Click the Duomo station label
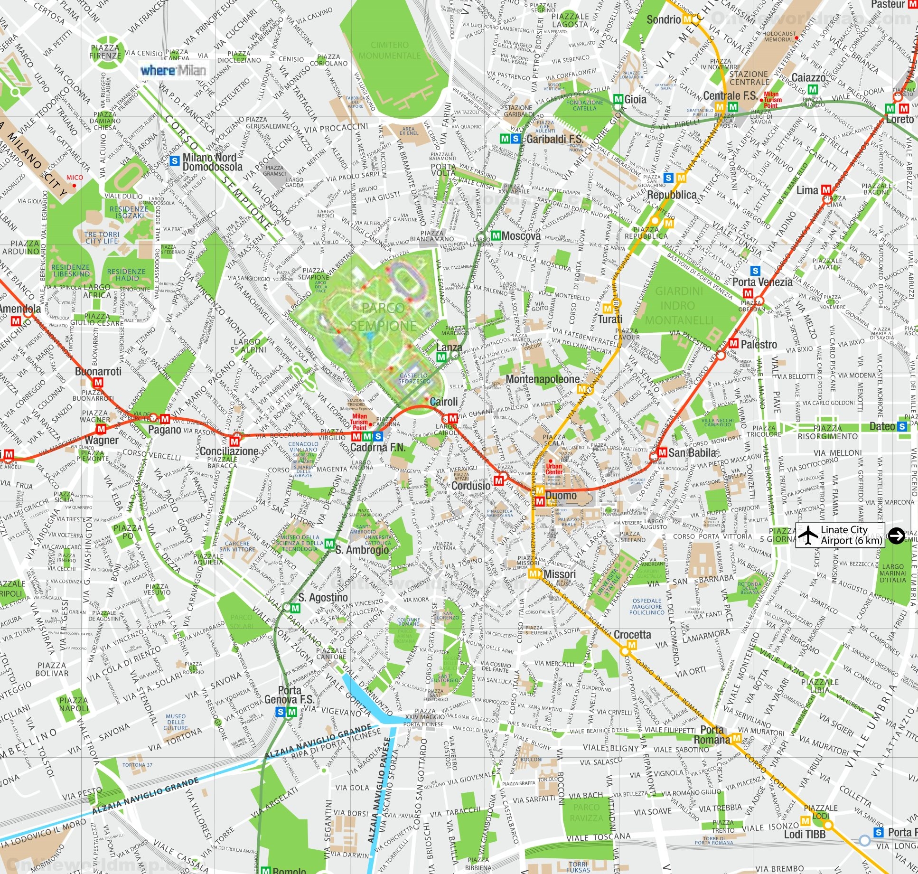[x=561, y=496]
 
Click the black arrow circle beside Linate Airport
[x=896, y=535]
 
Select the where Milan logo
[x=173, y=70]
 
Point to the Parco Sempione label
[x=384, y=317]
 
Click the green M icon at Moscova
[x=496, y=235]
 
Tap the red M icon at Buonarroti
[x=99, y=382]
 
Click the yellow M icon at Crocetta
[x=631, y=645]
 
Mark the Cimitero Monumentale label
[x=389, y=50]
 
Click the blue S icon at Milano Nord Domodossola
[x=175, y=161]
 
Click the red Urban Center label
[x=554, y=469]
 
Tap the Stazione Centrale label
[x=749, y=78]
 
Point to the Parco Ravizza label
[x=587, y=812]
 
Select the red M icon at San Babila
[x=662, y=452]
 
